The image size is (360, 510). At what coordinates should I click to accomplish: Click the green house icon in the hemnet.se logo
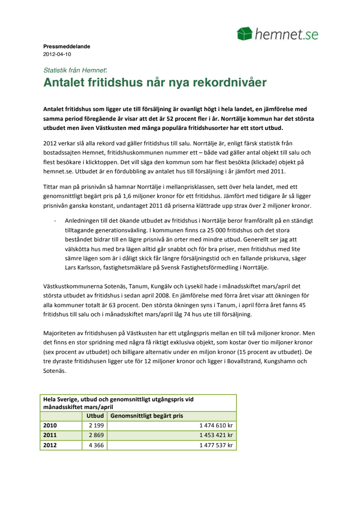click(x=245, y=34)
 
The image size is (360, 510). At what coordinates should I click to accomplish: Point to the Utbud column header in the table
click(x=95, y=416)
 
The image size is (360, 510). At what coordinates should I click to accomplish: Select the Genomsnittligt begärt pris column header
click(x=147, y=416)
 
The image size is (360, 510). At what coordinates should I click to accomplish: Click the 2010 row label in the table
click(x=50, y=425)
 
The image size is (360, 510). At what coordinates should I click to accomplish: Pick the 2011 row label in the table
click(x=50, y=435)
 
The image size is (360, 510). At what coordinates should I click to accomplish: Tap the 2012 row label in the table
click(x=50, y=445)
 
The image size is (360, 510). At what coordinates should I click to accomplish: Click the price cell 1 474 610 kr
click(x=216, y=425)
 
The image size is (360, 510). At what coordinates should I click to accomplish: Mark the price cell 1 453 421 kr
click(x=216, y=435)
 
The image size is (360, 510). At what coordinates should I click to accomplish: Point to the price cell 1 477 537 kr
click(x=216, y=445)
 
